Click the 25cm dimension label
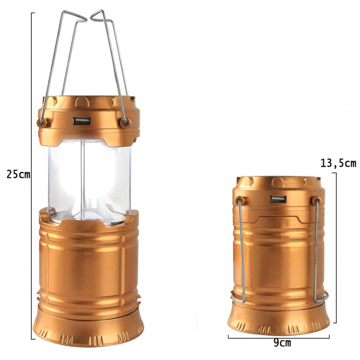pyautogui.click(x=18, y=175)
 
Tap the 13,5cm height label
pyautogui.click(x=338, y=163)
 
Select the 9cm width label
pyautogui.click(x=282, y=343)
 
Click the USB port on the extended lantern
pyautogui.click(x=82, y=121)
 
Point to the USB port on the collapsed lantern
pyautogui.click(x=278, y=199)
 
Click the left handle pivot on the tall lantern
pyautogui.click(x=41, y=123)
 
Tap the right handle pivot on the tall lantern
pyautogui.click(x=125, y=123)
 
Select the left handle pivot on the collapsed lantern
pyautogui.click(x=240, y=200)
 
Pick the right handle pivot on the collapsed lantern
pyautogui.click(x=316, y=201)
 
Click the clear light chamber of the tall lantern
pyautogui.click(x=90, y=181)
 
